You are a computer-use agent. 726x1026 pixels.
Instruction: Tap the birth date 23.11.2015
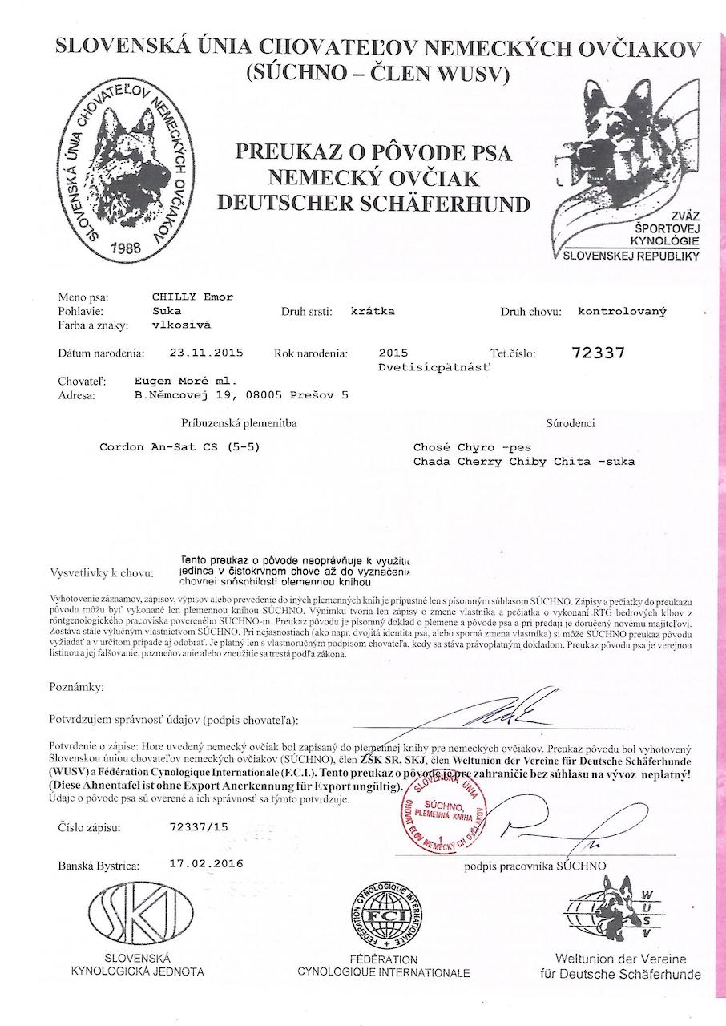point(207,352)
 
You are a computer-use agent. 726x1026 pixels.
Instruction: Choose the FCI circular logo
point(384,915)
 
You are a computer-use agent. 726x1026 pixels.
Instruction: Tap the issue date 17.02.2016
point(207,864)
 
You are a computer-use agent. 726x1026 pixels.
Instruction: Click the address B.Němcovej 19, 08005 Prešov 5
point(241,394)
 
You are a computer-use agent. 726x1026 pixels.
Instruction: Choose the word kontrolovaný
point(622,311)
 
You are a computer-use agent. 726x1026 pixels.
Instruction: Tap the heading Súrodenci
point(571,423)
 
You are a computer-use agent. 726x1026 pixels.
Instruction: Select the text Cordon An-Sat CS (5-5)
point(179,447)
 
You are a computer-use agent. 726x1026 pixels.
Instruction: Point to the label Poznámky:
point(76,687)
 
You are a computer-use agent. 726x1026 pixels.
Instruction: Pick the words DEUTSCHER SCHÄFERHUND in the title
point(373,203)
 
